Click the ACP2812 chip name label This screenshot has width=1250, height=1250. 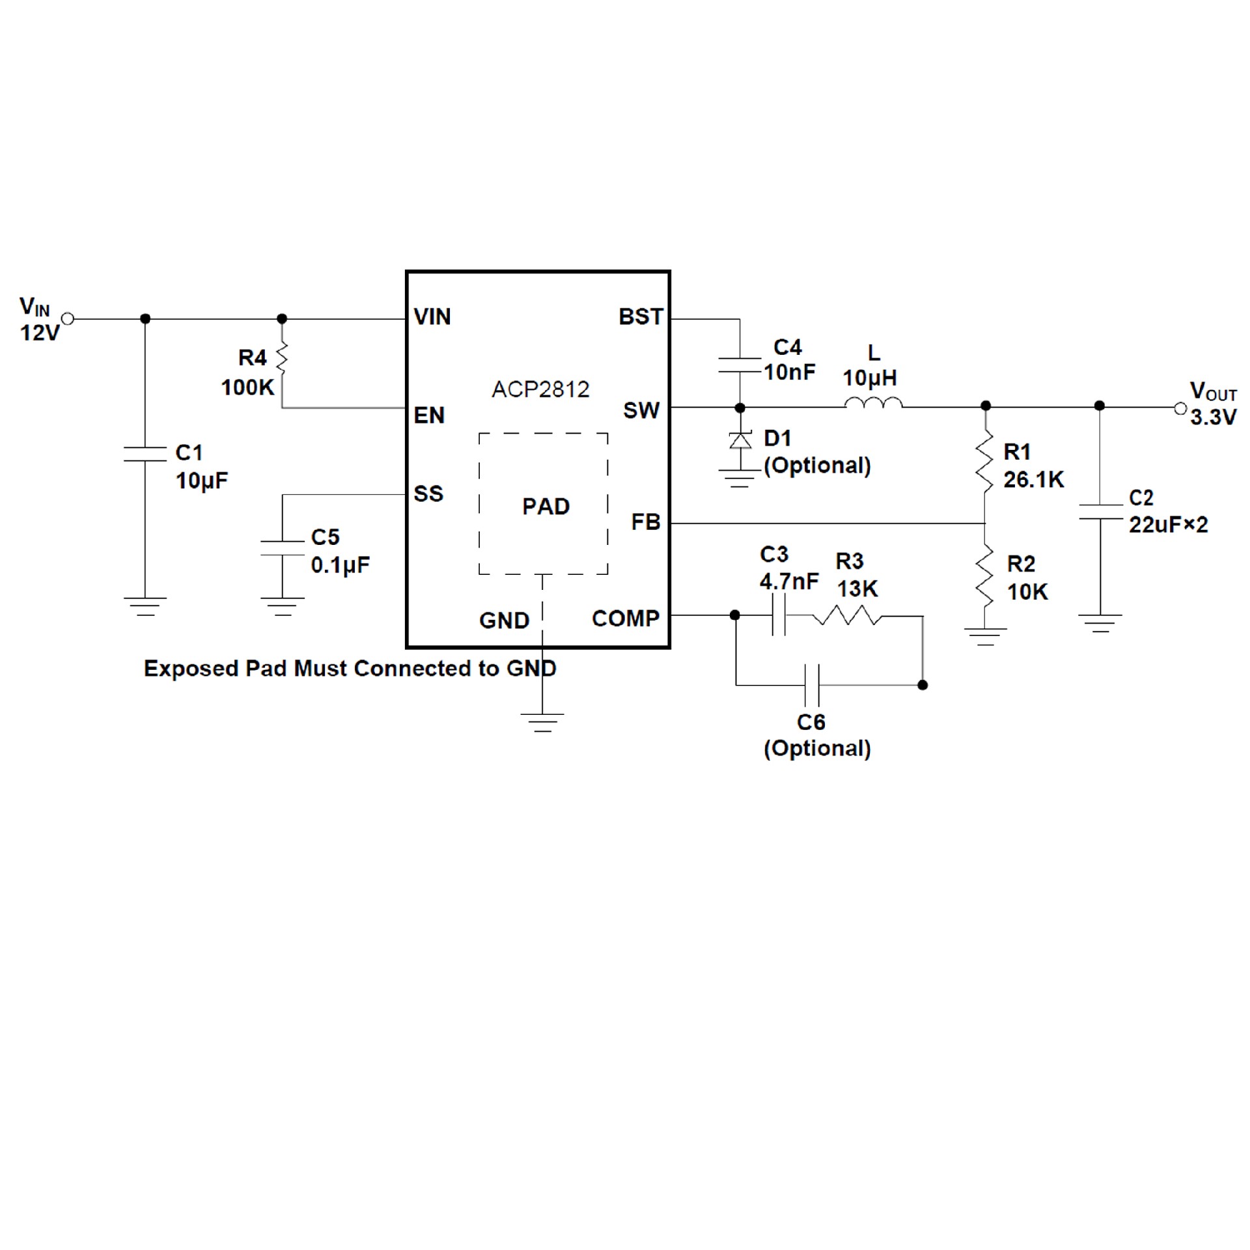coord(540,389)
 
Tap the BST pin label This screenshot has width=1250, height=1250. coord(640,317)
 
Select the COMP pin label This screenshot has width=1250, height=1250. coord(625,618)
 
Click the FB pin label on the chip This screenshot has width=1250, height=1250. coord(645,521)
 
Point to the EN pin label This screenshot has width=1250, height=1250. coord(429,415)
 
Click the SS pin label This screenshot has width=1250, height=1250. coord(428,493)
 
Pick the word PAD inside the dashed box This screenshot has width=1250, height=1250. coord(546,506)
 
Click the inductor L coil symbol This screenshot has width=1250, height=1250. coord(873,404)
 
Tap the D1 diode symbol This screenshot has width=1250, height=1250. coord(740,441)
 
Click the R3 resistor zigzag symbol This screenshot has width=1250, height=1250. coord(846,615)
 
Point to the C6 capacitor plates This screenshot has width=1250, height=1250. coord(812,685)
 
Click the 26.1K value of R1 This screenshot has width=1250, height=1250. coord(1033,480)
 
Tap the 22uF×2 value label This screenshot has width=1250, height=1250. coord(1168,524)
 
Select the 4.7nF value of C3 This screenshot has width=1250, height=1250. coord(789,581)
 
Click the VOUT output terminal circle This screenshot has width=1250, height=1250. coord(1180,408)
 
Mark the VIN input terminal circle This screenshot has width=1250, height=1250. coord(68,319)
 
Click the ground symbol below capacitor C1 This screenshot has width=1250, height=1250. coord(145,605)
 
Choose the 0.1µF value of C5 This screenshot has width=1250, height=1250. coord(340,564)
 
